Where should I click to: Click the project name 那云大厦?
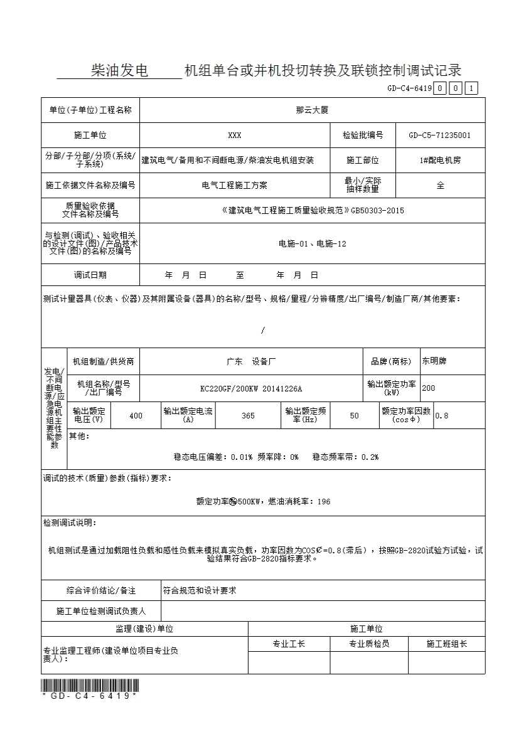[x=312, y=110]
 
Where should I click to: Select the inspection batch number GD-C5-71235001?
[x=439, y=135]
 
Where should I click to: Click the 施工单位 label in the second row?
[x=90, y=135]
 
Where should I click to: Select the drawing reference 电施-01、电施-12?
[x=312, y=243]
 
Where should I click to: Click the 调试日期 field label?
[x=90, y=275]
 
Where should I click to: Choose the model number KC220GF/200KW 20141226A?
[x=251, y=388]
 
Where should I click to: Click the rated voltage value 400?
[x=136, y=415]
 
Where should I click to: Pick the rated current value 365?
[x=248, y=415]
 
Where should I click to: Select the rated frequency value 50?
[x=355, y=415]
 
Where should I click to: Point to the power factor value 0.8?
[x=442, y=415]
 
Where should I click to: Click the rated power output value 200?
[x=428, y=388]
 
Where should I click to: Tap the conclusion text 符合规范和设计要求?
[x=200, y=591]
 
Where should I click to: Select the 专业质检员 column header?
[x=369, y=644]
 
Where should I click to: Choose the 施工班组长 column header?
[x=446, y=644]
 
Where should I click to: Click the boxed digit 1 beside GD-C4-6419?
[x=472, y=88]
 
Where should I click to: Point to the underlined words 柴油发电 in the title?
[x=119, y=71]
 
